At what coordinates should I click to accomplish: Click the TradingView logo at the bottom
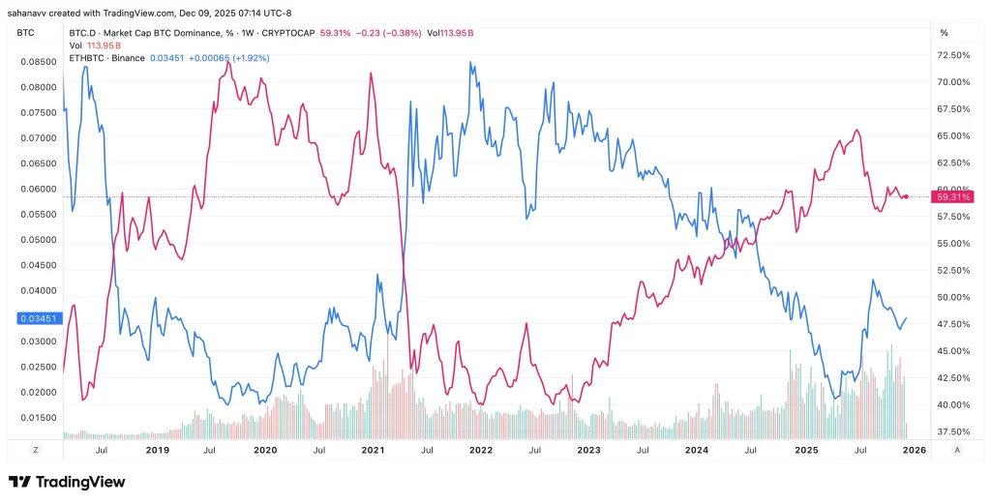67,482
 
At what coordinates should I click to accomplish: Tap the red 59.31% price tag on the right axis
953,197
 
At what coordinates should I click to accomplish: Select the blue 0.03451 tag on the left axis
37,317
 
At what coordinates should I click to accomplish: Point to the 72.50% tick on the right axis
953,55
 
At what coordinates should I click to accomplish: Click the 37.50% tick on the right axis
953,431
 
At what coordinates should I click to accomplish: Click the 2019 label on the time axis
157,450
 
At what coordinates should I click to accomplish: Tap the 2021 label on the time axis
373,450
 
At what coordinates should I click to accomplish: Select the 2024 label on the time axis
696,450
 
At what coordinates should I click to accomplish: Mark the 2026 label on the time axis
913,450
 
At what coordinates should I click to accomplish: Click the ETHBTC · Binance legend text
106,58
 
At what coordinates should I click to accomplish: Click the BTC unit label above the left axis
26,32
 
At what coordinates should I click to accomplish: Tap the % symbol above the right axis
944,32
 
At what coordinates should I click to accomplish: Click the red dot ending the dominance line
905,196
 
